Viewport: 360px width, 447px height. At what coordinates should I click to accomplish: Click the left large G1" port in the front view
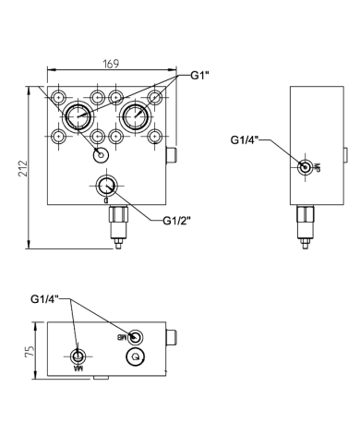pyautogui.click(x=78, y=117)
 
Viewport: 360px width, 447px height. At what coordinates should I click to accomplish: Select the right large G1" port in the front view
pyautogui.click(x=135, y=117)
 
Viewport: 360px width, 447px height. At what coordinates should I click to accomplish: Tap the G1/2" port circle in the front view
pyautogui.click(x=106, y=185)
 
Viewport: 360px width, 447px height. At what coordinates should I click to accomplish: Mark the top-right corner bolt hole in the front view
pyautogui.click(x=154, y=98)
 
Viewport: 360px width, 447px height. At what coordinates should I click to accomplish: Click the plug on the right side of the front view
pyautogui.click(x=171, y=154)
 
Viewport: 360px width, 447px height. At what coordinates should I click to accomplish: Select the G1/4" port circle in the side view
pyautogui.click(x=305, y=167)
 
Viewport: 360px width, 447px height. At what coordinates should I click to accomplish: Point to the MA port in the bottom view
pyautogui.click(x=78, y=356)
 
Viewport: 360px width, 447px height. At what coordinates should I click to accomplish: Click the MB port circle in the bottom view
pyautogui.click(x=136, y=337)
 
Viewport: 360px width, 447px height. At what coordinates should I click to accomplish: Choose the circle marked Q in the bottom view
pyautogui.click(x=136, y=357)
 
